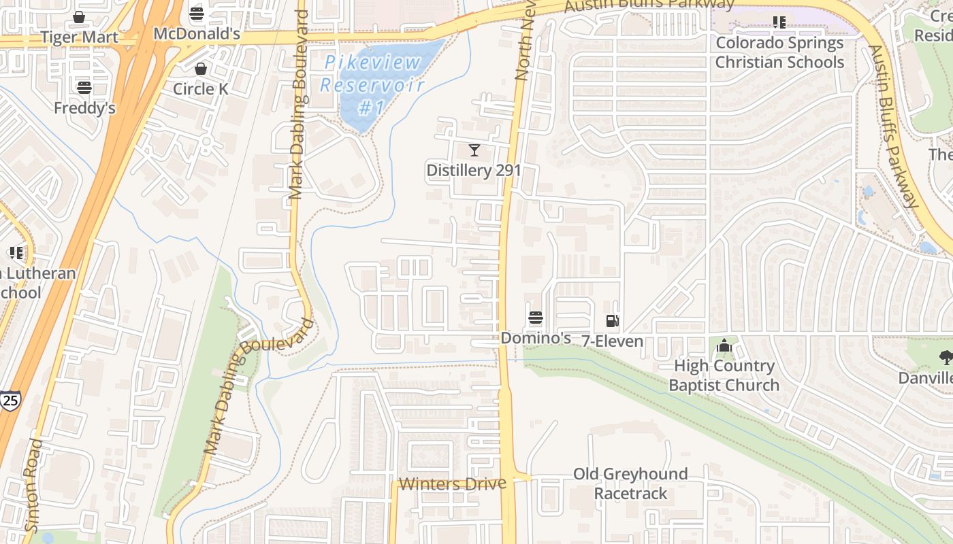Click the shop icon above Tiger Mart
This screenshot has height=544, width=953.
pyautogui.click(x=79, y=17)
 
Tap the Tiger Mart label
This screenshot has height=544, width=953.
pyautogui.click(x=79, y=37)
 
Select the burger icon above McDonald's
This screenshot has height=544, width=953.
pyautogui.click(x=197, y=14)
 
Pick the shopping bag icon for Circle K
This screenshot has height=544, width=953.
pyautogui.click(x=201, y=69)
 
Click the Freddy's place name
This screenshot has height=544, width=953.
pyautogui.click(x=84, y=107)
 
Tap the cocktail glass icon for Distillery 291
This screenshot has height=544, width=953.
pyautogui.click(x=474, y=150)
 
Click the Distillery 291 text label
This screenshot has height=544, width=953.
pyautogui.click(x=474, y=170)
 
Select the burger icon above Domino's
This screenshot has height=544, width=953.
pyautogui.click(x=536, y=318)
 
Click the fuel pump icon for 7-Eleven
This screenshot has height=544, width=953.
pyautogui.click(x=612, y=321)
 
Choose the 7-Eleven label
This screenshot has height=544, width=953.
pyautogui.click(x=612, y=341)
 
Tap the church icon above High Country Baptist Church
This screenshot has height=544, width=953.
pyautogui.click(x=724, y=346)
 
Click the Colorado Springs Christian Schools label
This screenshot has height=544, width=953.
pyautogui.click(x=779, y=52)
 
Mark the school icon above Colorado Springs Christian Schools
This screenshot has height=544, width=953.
pyautogui.click(x=779, y=22)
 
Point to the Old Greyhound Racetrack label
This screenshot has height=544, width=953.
pyautogui.click(x=630, y=483)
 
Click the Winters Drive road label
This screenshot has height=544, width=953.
pyautogui.click(x=453, y=484)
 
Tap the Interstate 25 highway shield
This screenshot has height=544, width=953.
pyautogui.click(x=10, y=401)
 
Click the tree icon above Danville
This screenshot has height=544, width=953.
pyautogui.click(x=946, y=357)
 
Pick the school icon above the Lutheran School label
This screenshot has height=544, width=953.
pyautogui.click(x=16, y=253)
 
